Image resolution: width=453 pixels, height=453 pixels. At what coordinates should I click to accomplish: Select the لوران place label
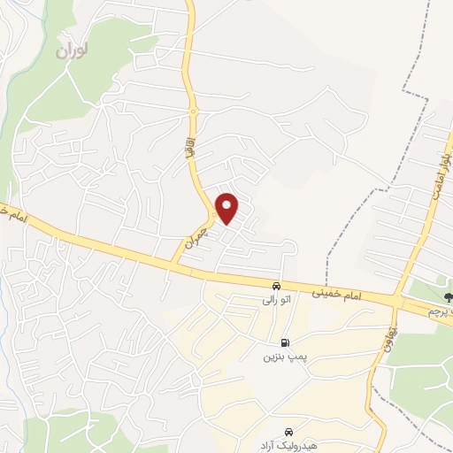pyautogui.click(x=73, y=50)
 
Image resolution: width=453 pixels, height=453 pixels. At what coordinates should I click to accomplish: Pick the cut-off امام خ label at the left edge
pyautogui.click(x=18, y=217)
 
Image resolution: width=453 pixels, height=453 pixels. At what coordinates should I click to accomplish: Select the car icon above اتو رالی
pyautogui.click(x=277, y=287)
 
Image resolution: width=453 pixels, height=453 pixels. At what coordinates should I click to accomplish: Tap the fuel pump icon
pyautogui.click(x=283, y=343)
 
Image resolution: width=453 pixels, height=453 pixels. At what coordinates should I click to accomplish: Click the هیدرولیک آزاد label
pyautogui.click(x=288, y=441)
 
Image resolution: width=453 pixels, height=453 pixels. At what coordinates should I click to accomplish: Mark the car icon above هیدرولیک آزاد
pyautogui.click(x=288, y=428)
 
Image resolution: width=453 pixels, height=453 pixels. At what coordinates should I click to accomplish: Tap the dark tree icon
pyautogui.click(x=445, y=296)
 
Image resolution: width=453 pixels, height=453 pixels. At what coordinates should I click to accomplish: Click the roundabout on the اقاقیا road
pyautogui.click(x=193, y=111)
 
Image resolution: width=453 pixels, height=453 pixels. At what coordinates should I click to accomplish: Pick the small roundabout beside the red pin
pyautogui.click(x=213, y=216)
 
